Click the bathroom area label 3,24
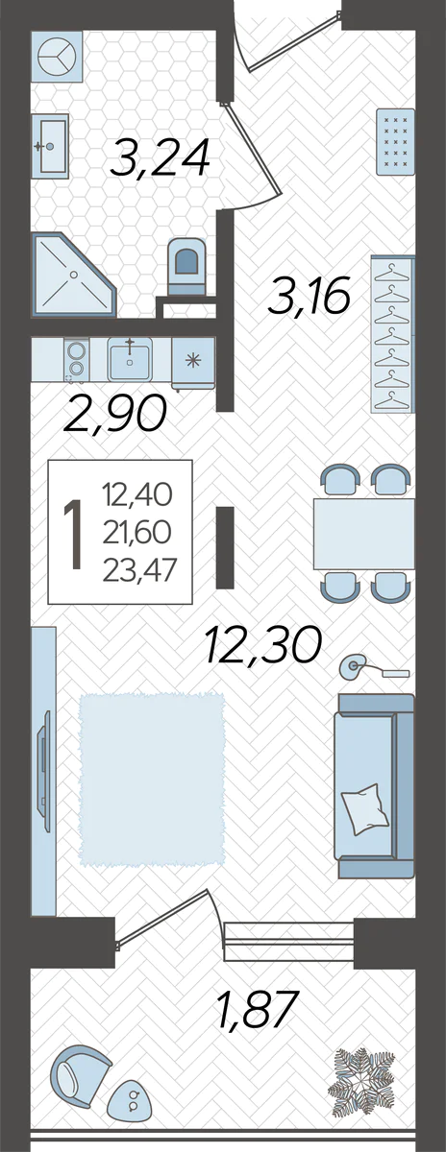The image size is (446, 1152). (x=161, y=157)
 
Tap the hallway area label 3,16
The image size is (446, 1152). (x=309, y=295)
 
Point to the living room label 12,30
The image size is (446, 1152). (x=263, y=644)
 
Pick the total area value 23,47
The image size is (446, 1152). (x=139, y=570)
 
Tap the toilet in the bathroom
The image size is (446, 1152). (x=186, y=266)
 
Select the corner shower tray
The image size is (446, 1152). (x=74, y=275)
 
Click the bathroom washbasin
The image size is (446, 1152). (x=50, y=146)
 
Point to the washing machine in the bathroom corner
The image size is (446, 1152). (x=57, y=56)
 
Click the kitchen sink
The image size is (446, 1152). (x=129, y=359)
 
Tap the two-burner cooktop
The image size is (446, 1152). (x=76, y=359)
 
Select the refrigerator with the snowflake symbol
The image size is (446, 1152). (x=193, y=362)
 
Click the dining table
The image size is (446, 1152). (x=364, y=534)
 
